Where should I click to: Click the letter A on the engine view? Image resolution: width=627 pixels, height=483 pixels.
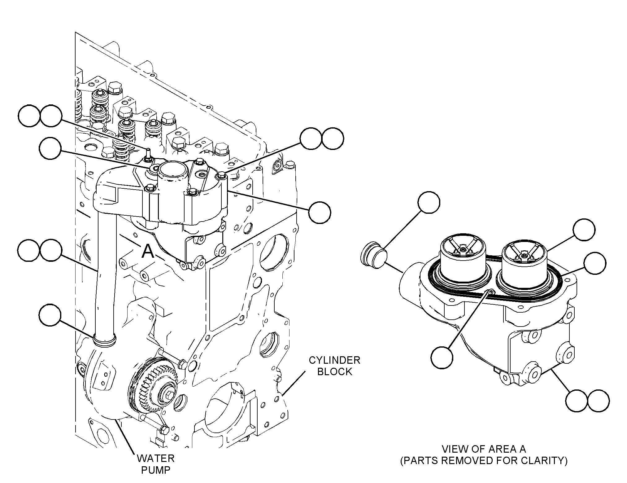[x=148, y=251]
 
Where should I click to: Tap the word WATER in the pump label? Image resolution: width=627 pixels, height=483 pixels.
[x=156, y=458]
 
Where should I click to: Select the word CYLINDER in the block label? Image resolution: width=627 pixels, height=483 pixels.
[x=335, y=360]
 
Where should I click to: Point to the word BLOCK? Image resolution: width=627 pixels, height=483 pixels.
[x=335, y=372]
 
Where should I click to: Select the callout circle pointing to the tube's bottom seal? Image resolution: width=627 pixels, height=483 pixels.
[x=50, y=315]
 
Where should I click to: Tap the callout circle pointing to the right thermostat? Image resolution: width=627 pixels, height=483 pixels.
[x=584, y=230]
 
